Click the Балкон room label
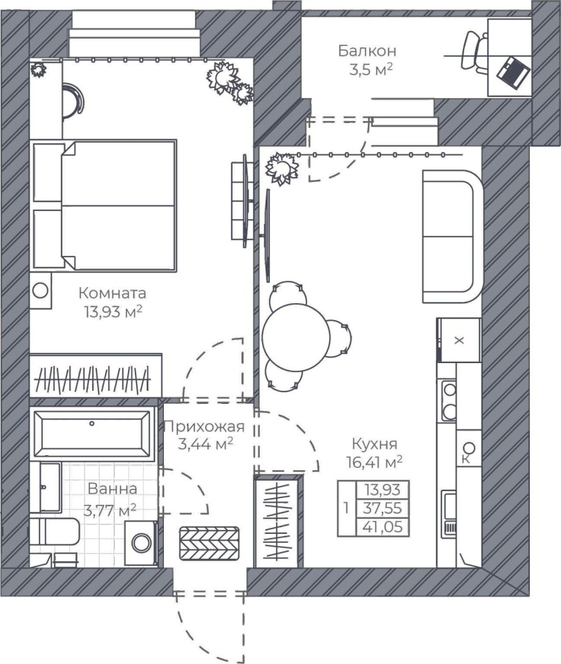pyautogui.click(x=367, y=50)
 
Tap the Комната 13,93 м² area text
pyautogui.click(x=113, y=312)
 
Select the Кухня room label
pyautogui.click(x=375, y=444)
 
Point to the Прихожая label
pyautogui.click(x=205, y=426)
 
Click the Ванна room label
pyautogui.click(x=113, y=488)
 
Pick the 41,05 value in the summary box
pyautogui.click(x=383, y=527)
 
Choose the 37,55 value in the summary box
pyautogui.click(x=383, y=508)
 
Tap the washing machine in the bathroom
pyautogui.click(x=141, y=543)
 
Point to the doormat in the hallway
pyautogui.click(x=209, y=544)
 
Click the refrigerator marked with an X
pyautogui.click(x=459, y=340)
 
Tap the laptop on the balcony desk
pyautogui.click(x=514, y=73)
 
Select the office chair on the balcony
pyautogui.click(x=475, y=53)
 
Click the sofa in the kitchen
pyautogui.click(x=453, y=237)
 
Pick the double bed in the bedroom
pyautogui.click(x=104, y=205)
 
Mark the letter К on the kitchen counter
pyautogui.click(x=466, y=459)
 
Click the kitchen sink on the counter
pyautogui.click(x=449, y=514)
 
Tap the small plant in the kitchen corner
pyautogui.click(x=280, y=169)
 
